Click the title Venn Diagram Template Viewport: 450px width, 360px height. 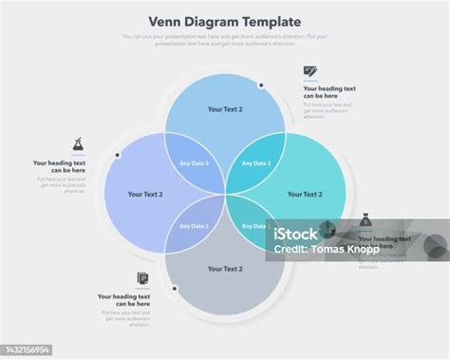[225, 21]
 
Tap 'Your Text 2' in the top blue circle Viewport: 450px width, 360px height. [225, 109]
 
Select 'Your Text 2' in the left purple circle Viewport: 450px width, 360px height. [145, 194]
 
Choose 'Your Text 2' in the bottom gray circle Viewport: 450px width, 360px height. [225, 269]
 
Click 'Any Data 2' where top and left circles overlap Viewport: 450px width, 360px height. [194, 163]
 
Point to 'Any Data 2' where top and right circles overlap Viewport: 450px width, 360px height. [256, 163]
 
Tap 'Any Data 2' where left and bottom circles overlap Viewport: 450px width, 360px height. [194, 226]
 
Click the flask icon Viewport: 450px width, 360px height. [79, 144]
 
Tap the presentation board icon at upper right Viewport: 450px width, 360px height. [310, 71]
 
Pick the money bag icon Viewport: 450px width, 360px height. [365, 220]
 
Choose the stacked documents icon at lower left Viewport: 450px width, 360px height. [142, 279]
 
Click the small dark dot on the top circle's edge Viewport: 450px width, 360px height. [260, 85]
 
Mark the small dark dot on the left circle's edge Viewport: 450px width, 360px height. [117, 155]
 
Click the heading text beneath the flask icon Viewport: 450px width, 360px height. [60, 166]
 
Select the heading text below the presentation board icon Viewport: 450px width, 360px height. [328, 92]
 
